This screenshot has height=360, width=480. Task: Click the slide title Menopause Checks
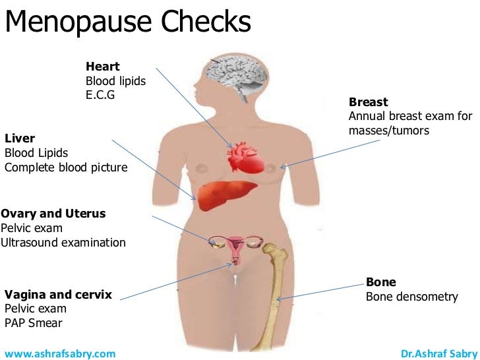coord(129,22)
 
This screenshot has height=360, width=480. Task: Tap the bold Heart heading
coord(102,67)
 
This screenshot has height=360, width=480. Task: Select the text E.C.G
coord(101,95)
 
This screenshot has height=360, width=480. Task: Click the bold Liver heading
coord(20,138)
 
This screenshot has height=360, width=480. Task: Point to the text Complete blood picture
coord(66,167)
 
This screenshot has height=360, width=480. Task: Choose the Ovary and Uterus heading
coord(53,214)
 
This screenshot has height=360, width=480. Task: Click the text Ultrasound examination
coord(63,243)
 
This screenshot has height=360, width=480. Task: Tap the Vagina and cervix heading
coord(58,294)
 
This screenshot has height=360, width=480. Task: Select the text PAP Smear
coord(34,323)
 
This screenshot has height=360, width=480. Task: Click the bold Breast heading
coord(368,102)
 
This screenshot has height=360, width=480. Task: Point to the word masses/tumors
coord(389,131)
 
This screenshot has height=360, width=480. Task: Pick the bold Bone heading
coord(381,282)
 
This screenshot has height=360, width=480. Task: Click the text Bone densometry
coord(411,297)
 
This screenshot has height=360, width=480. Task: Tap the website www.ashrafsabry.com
coord(55,353)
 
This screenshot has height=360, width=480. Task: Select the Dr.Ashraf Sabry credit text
coord(438,353)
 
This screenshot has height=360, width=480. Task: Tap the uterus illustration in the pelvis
coord(235,249)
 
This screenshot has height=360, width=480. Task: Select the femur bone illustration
coord(278,297)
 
